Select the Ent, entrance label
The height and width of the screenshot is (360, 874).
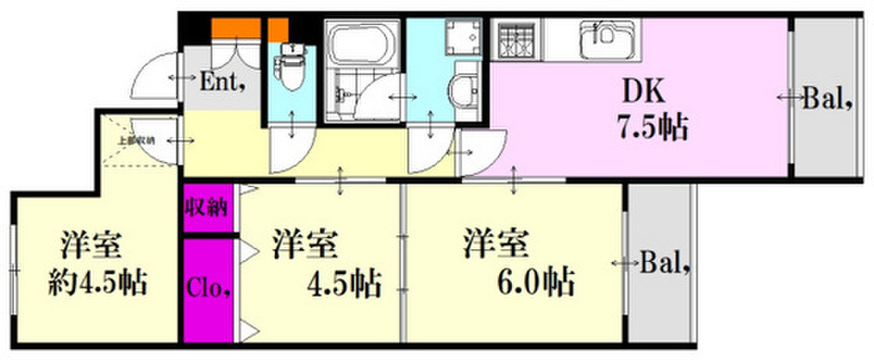click(x=223, y=83)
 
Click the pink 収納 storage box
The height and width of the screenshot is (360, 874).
click(x=206, y=208)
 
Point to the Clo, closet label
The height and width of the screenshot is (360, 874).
click(x=208, y=286)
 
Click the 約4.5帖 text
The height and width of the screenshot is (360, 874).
click(x=95, y=281)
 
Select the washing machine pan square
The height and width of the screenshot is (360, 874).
click(x=462, y=39)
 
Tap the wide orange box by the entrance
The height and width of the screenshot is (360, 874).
click(x=236, y=28)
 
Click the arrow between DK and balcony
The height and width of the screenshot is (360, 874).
click(x=787, y=99)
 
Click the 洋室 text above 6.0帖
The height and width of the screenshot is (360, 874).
click(x=493, y=244)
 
